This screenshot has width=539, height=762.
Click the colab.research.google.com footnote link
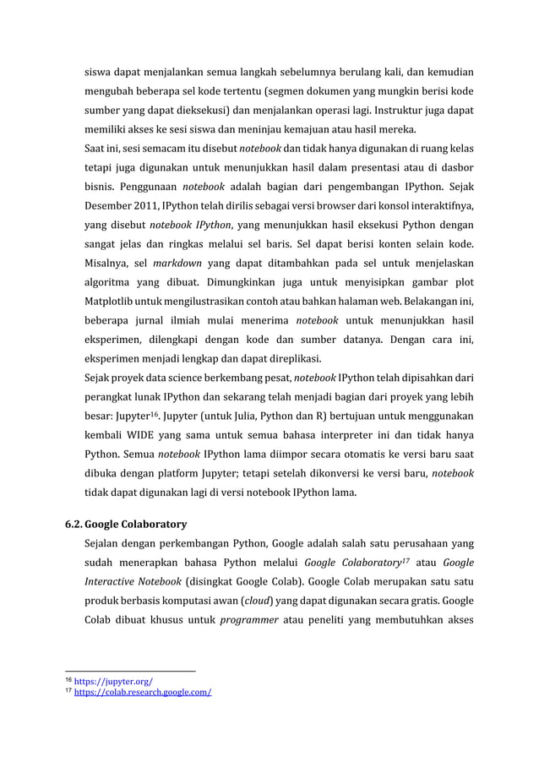[143, 692]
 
